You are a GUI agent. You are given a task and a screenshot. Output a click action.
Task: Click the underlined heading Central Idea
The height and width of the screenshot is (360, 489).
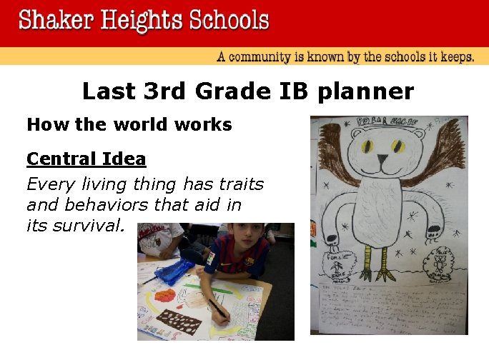coord(86,159)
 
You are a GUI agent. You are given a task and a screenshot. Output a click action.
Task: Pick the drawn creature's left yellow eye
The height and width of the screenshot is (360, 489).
coord(369,146)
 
